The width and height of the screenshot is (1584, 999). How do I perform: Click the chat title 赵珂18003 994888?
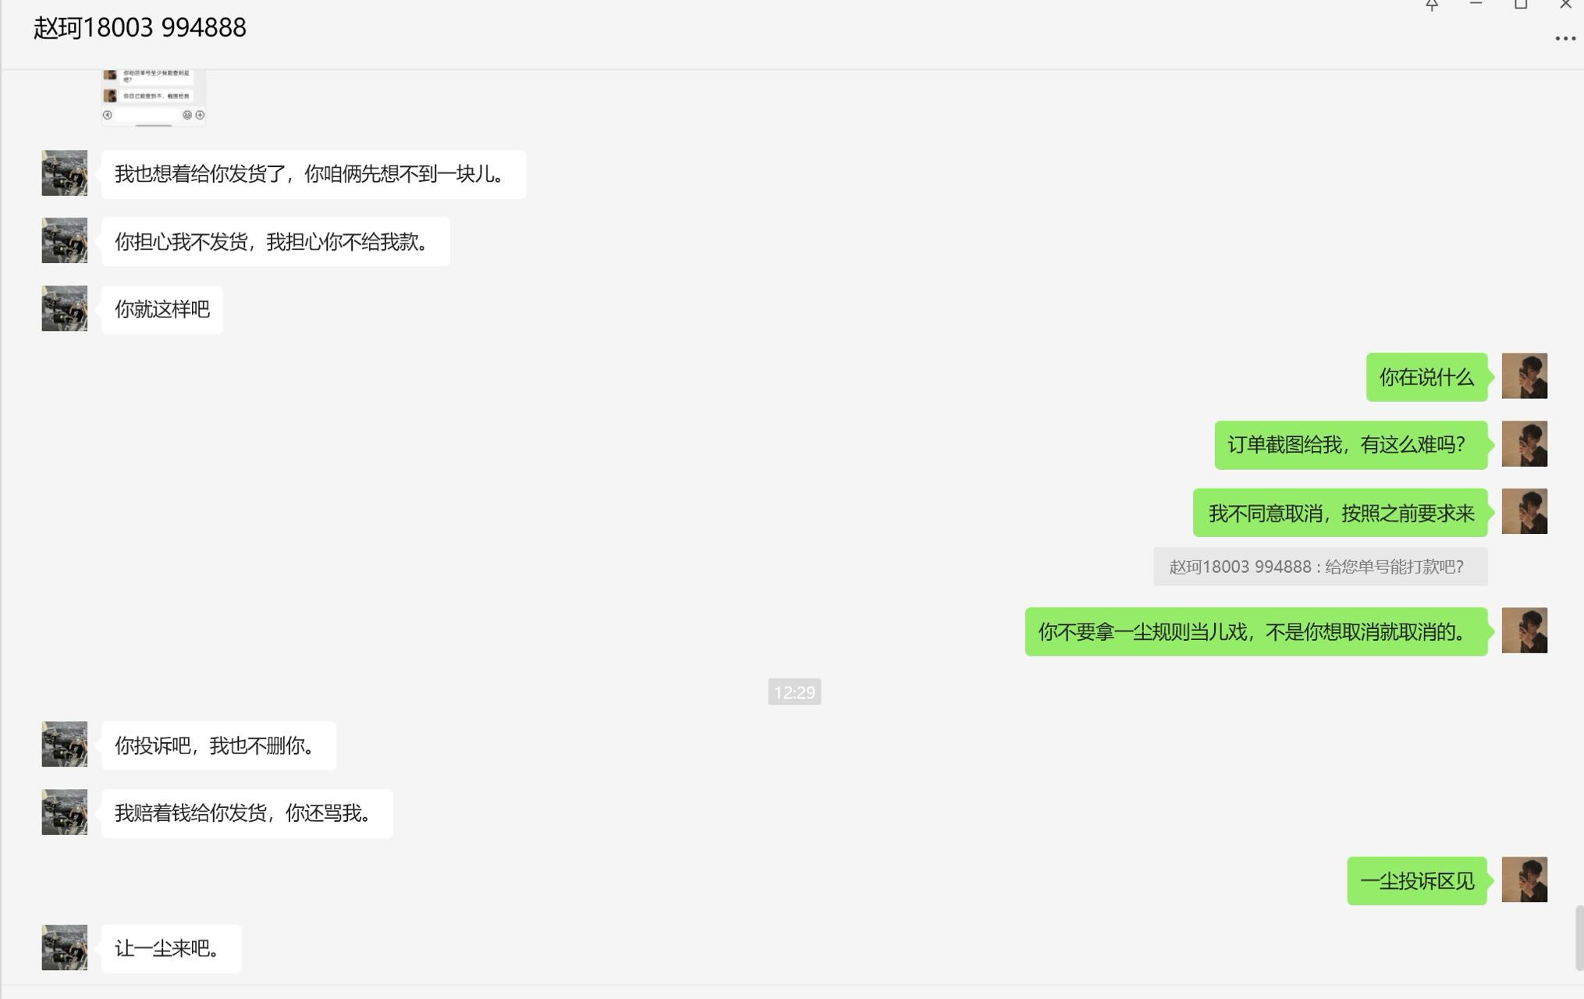pos(140,28)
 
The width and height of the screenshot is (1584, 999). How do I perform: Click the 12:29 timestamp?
pos(794,691)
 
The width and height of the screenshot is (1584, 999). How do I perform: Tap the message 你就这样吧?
pos(162,310)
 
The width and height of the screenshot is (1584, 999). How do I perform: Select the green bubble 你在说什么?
pos(1426,378)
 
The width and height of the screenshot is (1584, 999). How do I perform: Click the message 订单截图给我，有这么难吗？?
pos(1350,445)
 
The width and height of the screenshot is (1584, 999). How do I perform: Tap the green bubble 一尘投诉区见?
pos(1416,881)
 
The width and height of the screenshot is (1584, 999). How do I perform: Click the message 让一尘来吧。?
pos(171,949)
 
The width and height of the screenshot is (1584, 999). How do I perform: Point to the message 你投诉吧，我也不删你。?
pos(218,746)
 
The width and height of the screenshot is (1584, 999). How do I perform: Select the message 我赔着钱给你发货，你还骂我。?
pos(247,813)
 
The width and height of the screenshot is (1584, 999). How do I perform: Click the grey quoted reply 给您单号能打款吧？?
pos(1319,567)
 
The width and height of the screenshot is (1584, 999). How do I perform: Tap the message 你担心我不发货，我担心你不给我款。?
pos(275,242)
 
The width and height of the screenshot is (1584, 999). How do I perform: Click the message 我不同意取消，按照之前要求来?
pos(1340,514)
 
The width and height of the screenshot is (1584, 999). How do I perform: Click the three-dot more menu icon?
pos(1564,38)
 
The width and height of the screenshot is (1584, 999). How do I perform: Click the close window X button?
pos(1564,5)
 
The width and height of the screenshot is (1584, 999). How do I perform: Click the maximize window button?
pos(1520,5)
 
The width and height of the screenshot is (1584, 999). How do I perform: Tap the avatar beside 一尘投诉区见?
pos(1524,880)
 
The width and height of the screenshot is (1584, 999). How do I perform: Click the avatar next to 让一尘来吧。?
pos(65,947)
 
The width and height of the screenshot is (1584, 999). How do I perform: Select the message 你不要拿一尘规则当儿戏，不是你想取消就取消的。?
pos(1255,632)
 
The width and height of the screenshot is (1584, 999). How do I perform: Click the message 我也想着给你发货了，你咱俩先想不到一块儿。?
pos(313,174)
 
